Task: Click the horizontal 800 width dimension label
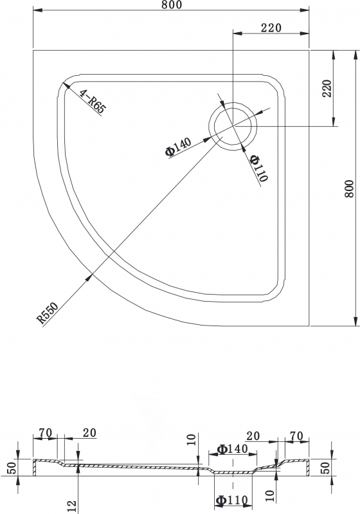171,5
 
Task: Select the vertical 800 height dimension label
350,188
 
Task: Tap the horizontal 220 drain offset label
271,28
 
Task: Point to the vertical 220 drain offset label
327,88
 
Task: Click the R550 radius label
48,313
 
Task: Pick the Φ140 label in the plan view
178,147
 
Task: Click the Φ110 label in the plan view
259,168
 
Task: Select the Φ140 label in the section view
233,449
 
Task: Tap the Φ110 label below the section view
231,500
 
